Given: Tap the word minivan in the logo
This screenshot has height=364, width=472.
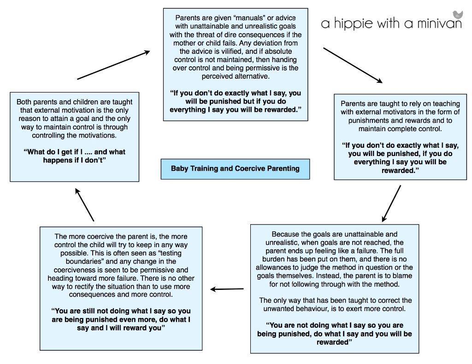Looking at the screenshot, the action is (439, 23).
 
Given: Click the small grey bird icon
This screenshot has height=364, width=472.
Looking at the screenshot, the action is (457, 15).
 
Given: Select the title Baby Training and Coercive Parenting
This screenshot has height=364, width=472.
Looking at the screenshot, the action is (235, 168).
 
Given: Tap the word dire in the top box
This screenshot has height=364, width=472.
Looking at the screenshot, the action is (230, 35).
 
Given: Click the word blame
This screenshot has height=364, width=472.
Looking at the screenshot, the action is (403, 276).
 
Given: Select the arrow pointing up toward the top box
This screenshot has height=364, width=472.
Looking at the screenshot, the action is (113, 65).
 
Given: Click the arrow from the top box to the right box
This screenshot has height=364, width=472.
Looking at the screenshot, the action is (353, 65).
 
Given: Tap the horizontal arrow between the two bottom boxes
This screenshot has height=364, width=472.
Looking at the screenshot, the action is (227, 289).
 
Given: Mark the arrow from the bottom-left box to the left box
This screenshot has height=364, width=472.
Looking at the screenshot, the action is (84, 205).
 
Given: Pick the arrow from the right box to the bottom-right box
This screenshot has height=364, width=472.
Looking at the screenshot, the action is (391, 203).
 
